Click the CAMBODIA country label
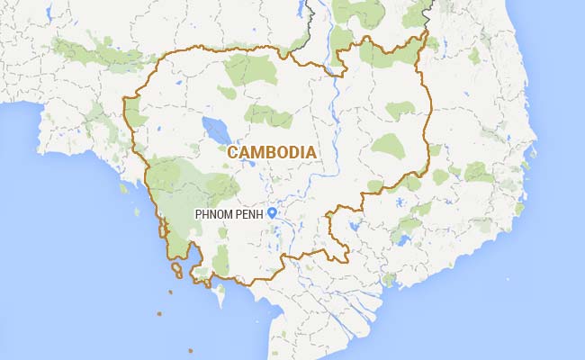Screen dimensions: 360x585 coord(272,152)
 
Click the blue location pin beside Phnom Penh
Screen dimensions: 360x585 coord(272,213)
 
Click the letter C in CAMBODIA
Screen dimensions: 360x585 coord(234,152)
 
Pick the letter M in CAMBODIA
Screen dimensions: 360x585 coord(258,152)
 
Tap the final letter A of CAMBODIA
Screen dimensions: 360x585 coord(310,152)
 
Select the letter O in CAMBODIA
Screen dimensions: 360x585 coord(283,152)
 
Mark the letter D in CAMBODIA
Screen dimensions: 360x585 coord(295,152)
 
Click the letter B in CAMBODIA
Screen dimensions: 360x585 coord(271,152)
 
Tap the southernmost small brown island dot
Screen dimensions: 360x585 coord(190,350)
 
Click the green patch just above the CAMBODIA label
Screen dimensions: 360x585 coord(267,114)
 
